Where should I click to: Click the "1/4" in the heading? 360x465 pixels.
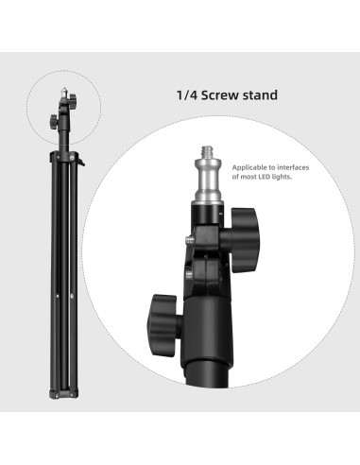[187, 95]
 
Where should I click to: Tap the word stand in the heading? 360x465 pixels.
[267, 95]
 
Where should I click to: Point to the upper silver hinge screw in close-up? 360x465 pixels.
[192, 243]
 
